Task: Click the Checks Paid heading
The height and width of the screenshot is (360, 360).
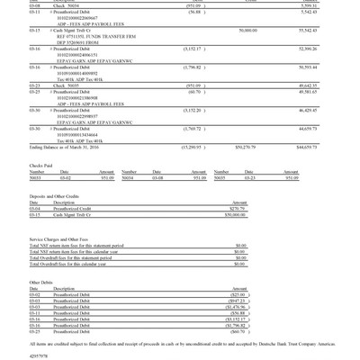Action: [x=41, y=166]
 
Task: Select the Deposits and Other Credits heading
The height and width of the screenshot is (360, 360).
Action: [x=57, y=195]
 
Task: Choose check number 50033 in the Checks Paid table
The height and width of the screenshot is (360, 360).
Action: [x=36, y=177]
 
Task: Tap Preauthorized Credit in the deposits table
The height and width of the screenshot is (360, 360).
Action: [x=75, y=209]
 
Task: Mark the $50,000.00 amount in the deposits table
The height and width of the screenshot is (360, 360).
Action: [x=235, y=215]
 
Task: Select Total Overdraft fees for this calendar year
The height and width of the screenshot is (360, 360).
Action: [x=80, y=264]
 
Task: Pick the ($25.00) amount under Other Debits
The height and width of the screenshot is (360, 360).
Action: [x=238, y=294]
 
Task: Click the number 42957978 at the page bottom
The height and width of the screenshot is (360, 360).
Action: [x=40, y=355]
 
